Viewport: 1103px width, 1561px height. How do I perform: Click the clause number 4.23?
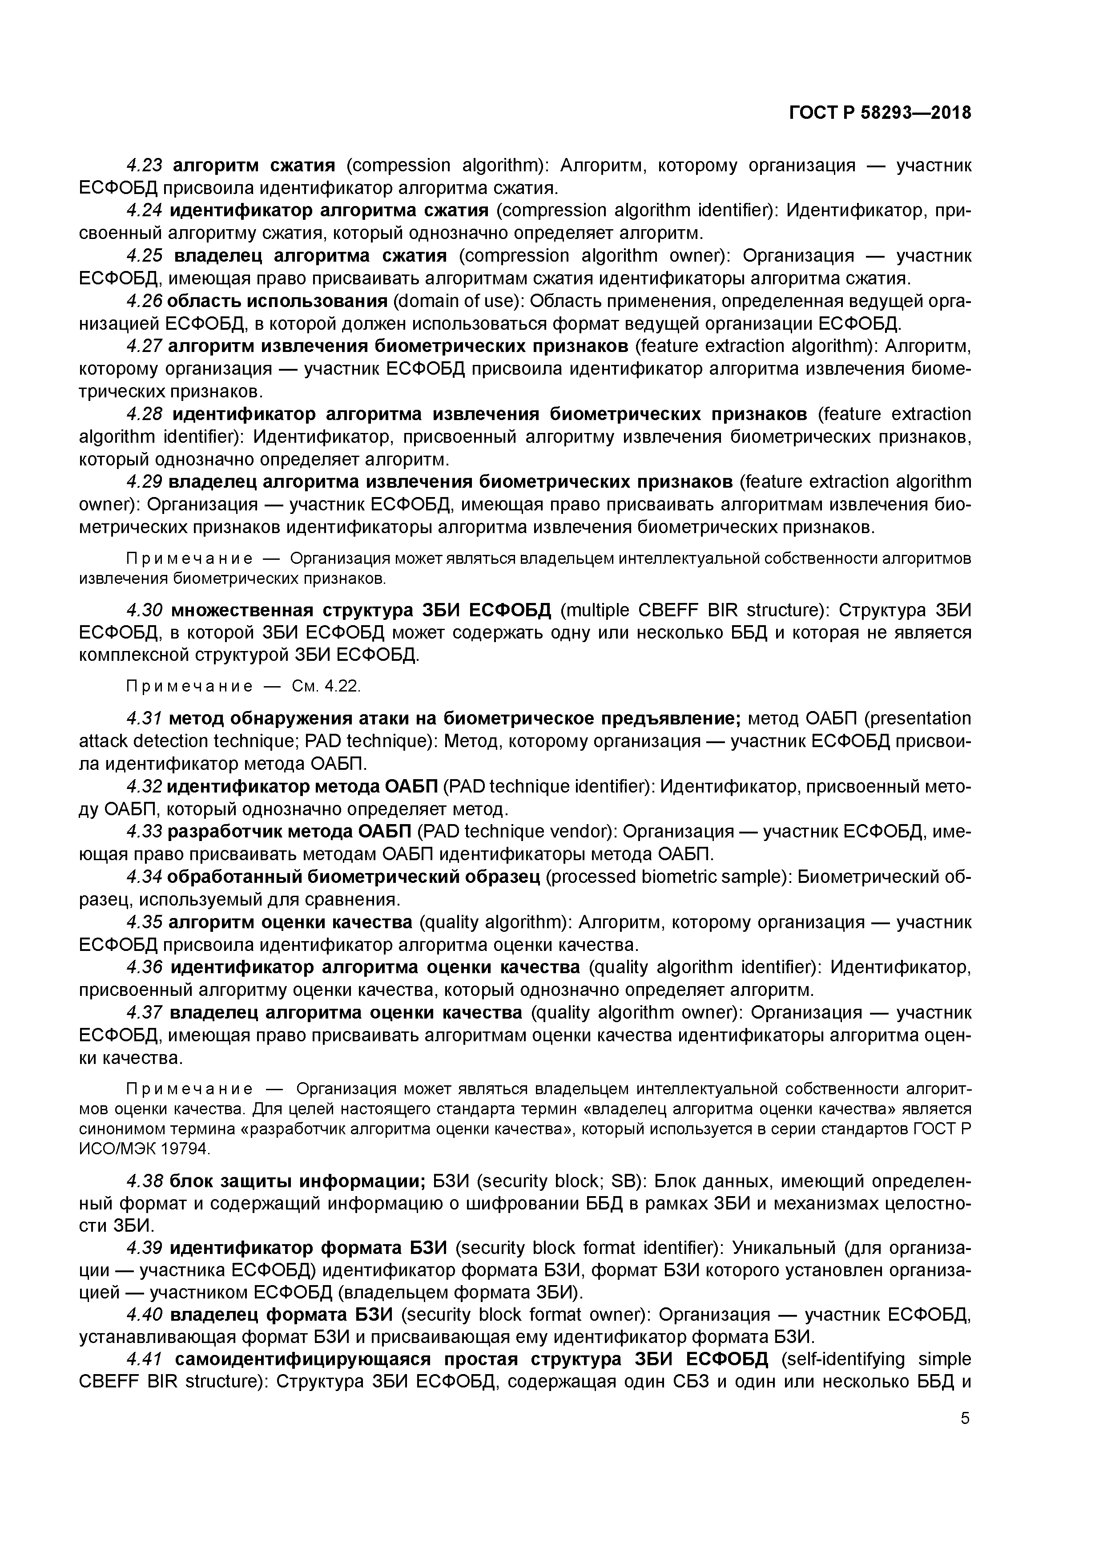point(145,165)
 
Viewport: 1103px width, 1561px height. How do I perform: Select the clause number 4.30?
point(145,610)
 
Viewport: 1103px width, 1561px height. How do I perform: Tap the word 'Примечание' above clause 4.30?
point(189,559)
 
